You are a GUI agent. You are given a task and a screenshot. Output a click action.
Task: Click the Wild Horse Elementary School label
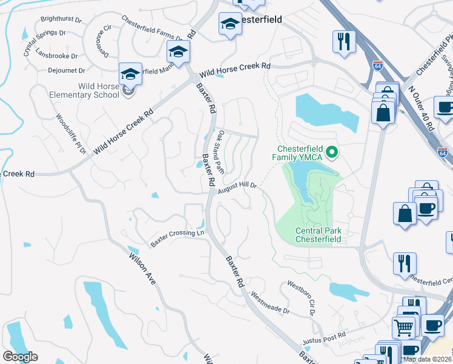click(x=89, y=90)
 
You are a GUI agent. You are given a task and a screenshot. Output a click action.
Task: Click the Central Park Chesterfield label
click(x=319, y=235)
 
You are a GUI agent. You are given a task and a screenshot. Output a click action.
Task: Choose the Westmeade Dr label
click(x=271, y=303)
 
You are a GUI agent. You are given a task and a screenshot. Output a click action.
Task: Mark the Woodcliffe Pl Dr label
click(x=71, y=134)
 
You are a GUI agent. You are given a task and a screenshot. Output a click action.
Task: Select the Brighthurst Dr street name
click(x=61, y=19)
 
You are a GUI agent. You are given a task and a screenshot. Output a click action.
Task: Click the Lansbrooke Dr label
click(x=58, y=55)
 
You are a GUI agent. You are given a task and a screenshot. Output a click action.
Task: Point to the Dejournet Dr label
click(x=65, y=70)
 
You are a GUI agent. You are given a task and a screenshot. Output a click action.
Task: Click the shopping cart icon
click(x=403, y=327)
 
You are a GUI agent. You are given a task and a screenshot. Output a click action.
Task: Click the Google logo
click(x=20, y=357)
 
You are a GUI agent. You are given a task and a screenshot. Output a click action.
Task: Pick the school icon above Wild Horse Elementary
click(x=131, y=73)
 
